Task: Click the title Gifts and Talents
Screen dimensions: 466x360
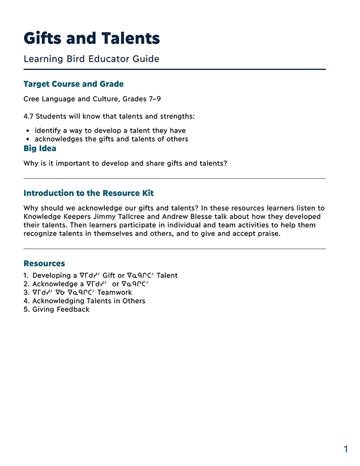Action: coord(92,38)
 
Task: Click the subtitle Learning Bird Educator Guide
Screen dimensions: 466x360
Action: coord(91,59)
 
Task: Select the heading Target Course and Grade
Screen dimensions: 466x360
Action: coord(74,84)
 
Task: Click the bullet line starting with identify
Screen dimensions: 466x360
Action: coord(110,130)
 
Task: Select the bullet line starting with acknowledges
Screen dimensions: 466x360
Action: coord(111,139)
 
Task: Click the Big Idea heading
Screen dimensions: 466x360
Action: coord(40,148)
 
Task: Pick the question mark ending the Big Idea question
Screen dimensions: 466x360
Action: coord(225,164)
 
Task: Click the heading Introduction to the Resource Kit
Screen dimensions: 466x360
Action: coord(88,193)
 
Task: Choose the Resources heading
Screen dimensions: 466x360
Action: coord(44,264)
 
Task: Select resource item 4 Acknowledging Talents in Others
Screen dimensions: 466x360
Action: coord(88,301)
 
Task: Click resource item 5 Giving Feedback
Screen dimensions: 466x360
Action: coord(61,309)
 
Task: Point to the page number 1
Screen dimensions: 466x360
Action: coord(346,449)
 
